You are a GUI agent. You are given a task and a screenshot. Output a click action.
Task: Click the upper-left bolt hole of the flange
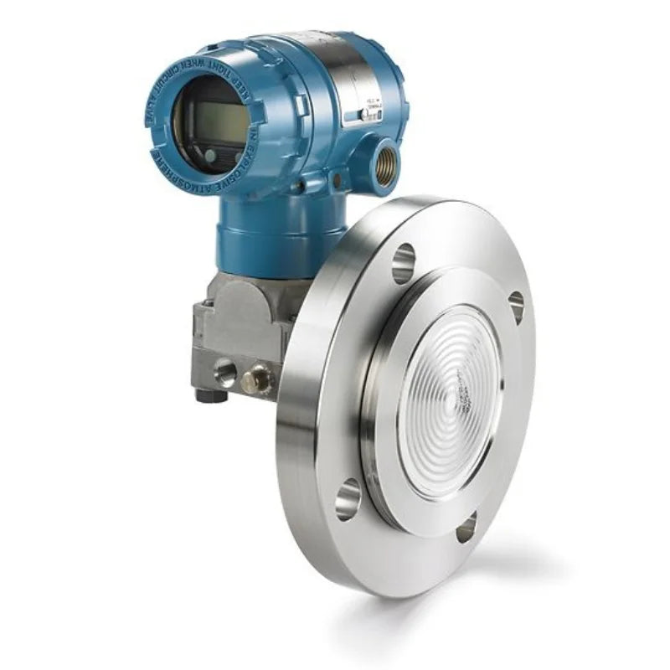point(403,263)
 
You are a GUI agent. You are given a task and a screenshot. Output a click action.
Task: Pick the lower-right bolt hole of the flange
point(466,528)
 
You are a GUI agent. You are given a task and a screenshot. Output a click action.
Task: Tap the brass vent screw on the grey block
point(257,379)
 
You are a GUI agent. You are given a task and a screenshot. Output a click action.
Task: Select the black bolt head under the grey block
point(204,394)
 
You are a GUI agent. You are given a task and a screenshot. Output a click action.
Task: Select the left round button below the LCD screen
point(210,154)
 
